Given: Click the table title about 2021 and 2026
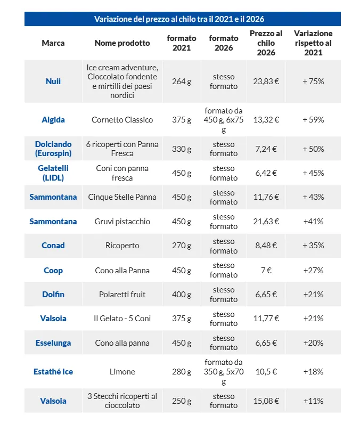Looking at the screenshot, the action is (179, 19).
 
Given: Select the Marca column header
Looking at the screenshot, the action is (53, 43).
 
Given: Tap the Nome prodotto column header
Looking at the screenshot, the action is (122, 43).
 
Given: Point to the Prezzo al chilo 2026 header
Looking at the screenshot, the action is (266, 43).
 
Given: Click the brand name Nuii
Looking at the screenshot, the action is (53, 81).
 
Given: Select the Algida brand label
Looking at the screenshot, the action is (53, 120).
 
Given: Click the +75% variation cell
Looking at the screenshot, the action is (313, 81).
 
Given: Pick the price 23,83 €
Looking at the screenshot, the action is (266, 81).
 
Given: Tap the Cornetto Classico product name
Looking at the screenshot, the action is (122, 120).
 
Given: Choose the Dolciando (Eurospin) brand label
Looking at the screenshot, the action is (53, 149).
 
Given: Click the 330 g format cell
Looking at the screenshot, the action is (182, 149).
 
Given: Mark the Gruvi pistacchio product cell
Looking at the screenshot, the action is (122, 222).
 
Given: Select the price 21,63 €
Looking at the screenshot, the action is (266, 222).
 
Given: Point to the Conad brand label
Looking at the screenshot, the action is (53, 245).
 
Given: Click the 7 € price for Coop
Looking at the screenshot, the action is (266, 271).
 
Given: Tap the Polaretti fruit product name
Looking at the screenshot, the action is (122, 294).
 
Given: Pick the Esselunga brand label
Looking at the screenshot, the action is (53, 343).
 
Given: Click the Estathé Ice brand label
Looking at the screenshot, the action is (53, 372).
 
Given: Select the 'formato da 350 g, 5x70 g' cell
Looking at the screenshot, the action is (224, 372).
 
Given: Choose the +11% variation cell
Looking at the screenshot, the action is (313, 401).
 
